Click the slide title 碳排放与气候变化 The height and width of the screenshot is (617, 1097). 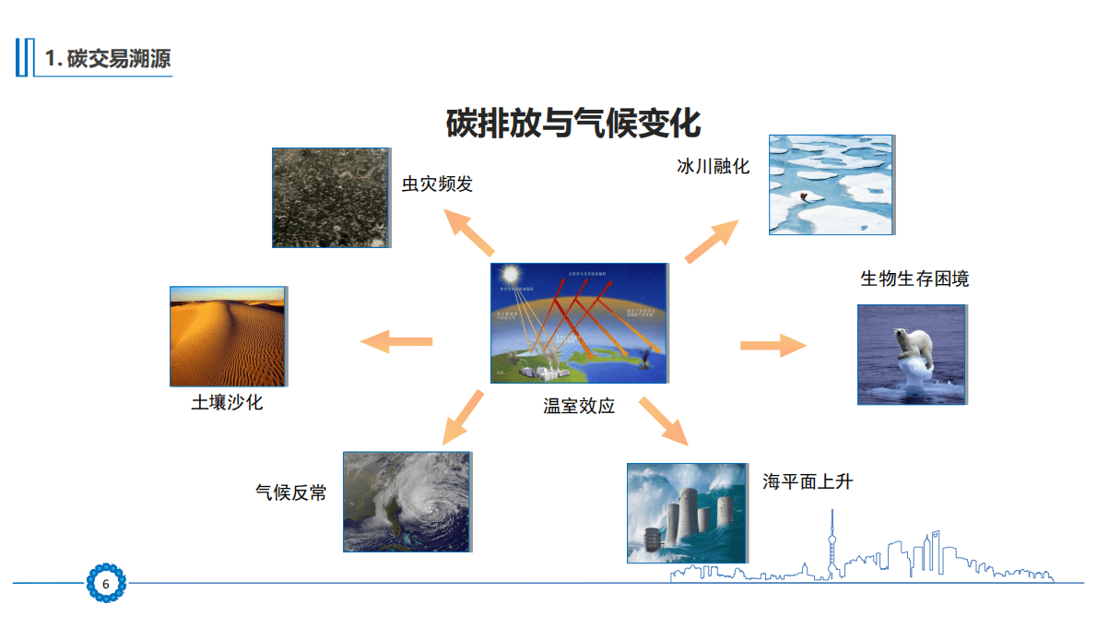[x=573, y=123]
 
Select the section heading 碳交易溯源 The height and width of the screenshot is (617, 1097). [x=108, y=59]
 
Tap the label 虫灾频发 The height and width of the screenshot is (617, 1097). [x=437, y=184]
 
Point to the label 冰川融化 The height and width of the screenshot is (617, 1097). [x=714, y=167]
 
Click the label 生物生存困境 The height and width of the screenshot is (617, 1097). [x=914, y=279]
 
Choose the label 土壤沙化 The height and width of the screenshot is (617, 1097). [x=227, y=403]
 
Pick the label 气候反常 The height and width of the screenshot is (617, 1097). [x=290, y=492]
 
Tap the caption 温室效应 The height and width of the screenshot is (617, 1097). [x=579, y=406]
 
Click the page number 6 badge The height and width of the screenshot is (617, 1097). [x=106, y=584]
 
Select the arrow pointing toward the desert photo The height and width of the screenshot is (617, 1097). [x=395, y=342]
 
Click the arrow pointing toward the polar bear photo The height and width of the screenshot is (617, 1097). [x=773, y=346]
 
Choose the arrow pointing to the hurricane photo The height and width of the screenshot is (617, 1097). [x=463, y=418]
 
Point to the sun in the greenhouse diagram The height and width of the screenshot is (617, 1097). [x=509, y=275]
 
